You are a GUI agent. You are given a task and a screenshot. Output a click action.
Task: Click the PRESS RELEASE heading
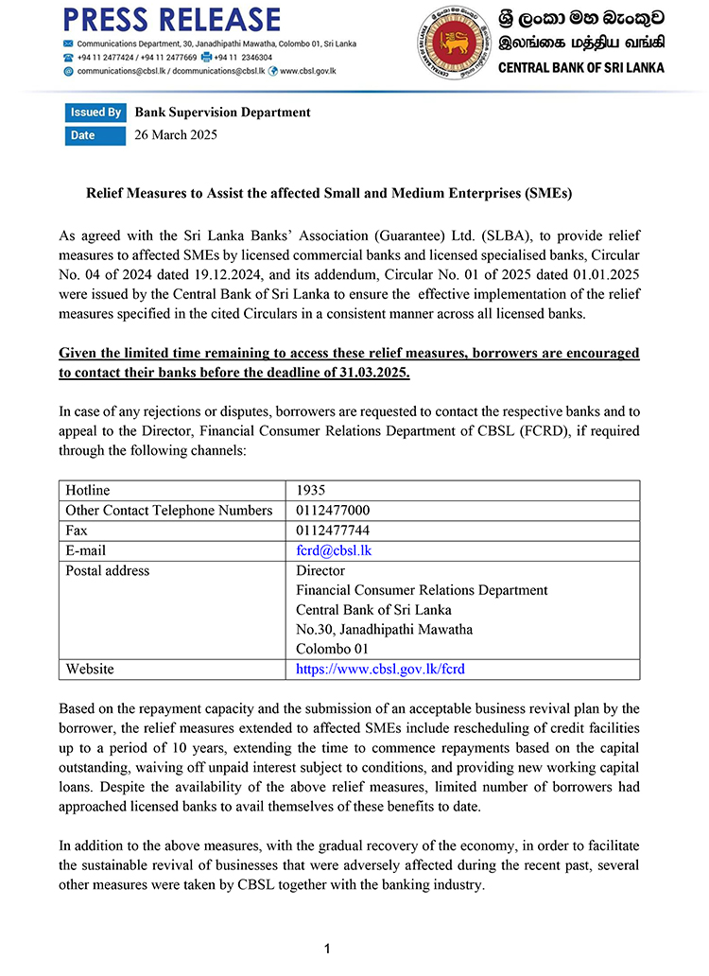[x=172, y=20]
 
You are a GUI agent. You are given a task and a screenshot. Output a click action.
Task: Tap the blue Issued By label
[x=95, y=113]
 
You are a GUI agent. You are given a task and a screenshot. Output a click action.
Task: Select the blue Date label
[x=83, y=135]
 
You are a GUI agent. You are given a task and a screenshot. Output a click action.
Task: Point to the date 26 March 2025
[x=176, y=135]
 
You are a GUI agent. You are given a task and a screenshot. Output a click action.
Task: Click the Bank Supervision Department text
[x=222, y=113]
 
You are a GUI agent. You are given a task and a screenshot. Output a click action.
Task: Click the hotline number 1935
[x=311, y=490]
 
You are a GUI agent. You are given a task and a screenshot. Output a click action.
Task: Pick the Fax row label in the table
[x=76, y=530]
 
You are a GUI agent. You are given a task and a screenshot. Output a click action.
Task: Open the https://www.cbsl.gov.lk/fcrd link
[x=380, y=669]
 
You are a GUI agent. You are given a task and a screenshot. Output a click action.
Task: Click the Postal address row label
[x=107, y=570]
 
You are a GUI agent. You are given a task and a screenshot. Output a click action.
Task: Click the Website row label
[x=90, y=669]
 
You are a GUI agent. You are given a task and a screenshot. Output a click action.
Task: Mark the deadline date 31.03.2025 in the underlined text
[x=375, y=373]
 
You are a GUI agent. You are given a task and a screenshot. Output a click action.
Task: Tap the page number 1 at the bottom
[x=326, y=948]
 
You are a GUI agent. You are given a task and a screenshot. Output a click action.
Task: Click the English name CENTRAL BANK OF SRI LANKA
[x=580, y=68]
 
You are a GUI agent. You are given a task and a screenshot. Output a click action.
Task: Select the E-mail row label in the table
[x=85, y=550]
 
